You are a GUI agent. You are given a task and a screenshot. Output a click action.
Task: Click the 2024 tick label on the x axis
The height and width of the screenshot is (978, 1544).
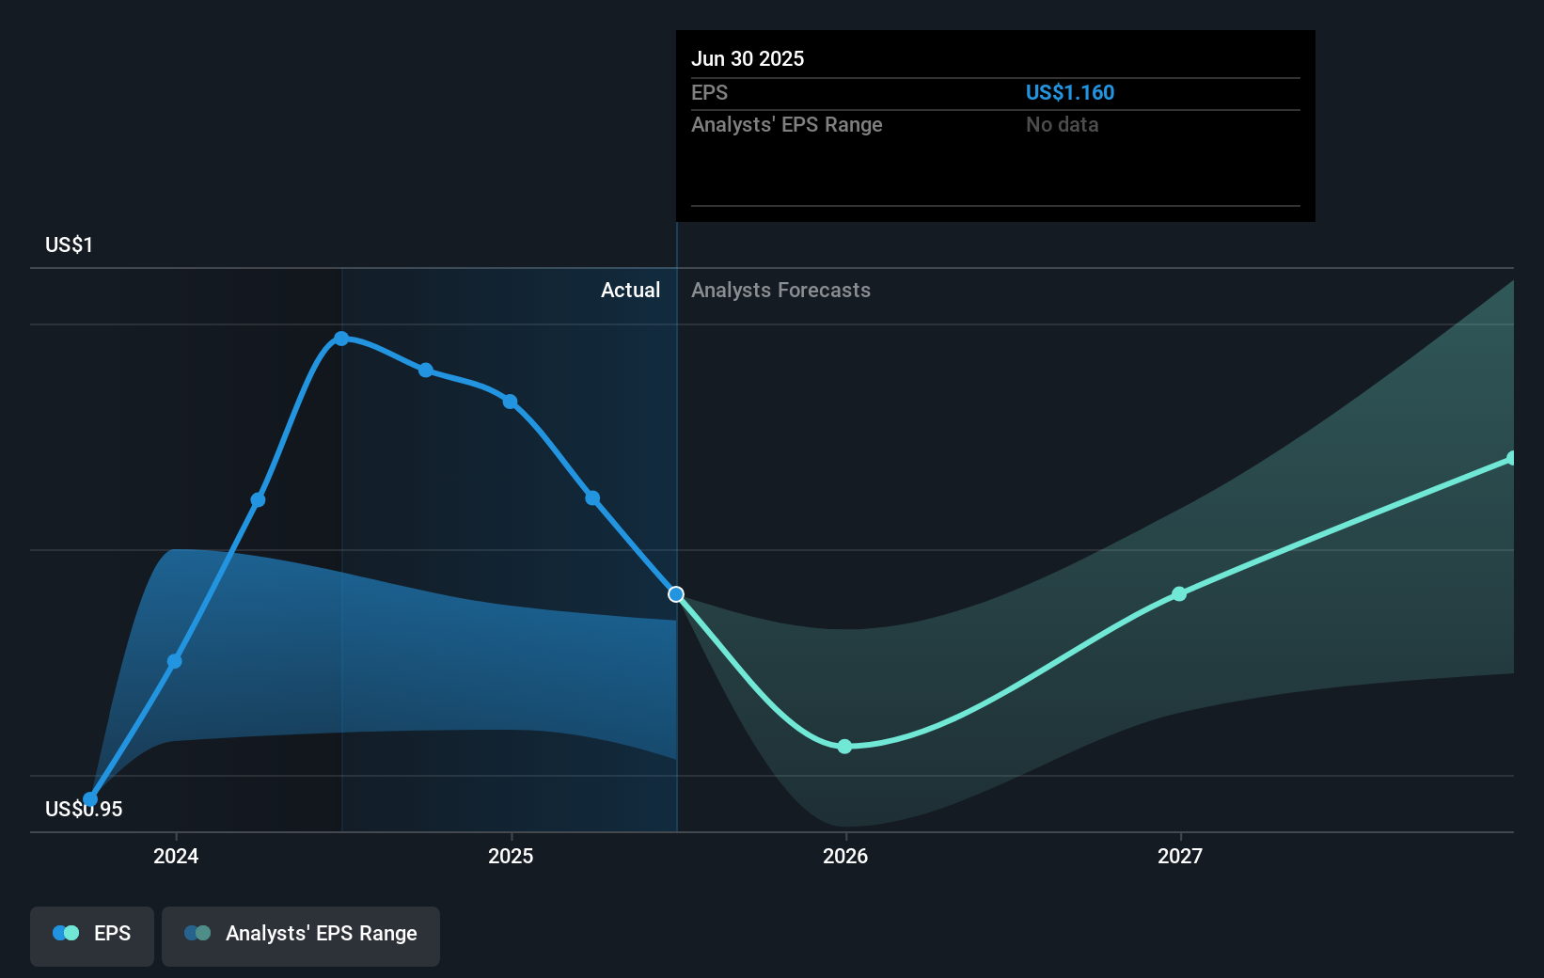pyautogui.click(x=176, y=856)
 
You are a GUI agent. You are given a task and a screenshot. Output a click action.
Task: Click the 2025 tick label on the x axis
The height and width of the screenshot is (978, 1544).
pyautogui.click(x=511, y=856)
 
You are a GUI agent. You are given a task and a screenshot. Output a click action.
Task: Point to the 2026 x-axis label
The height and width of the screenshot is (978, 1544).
pyautogui.click(x=845, y=856)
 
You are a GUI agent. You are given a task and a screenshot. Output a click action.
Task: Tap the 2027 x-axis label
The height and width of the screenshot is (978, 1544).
pyautogui.click(x=1180, y=856)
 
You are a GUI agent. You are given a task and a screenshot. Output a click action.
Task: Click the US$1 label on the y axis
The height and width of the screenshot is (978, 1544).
pyautogui.click(x=69, y=244)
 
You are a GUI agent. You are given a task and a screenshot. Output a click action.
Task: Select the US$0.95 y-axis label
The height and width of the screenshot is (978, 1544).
pyautogui.click(x=84, y=809)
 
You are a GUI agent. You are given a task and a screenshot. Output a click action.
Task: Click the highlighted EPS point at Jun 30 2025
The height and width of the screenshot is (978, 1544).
pyautogui.click(x=676, y=594)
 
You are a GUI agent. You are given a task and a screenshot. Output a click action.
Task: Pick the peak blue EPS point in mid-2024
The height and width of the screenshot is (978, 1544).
pyautogui.click(x=341, y=339)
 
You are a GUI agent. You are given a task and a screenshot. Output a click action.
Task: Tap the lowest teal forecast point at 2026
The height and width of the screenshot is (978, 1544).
pyautogui.click(x=844, y=747)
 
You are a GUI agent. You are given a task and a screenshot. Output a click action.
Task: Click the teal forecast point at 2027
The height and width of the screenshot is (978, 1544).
pyautogui.click(x=1179, y=594)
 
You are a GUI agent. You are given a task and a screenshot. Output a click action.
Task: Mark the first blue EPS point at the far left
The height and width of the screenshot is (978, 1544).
pyautogui.click(x=90, y=799)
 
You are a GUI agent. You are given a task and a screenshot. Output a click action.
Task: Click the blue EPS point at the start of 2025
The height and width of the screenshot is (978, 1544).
pyautogui.click(x=510, y=402)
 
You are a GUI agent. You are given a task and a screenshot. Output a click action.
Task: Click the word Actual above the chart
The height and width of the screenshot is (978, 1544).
pyautogui.click(x=630, y=290)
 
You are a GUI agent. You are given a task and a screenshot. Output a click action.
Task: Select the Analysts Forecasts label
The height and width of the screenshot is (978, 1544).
pyautogui.click(x=780, y=290)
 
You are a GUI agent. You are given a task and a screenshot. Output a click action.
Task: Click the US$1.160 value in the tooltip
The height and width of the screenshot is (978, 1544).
pyautogui.click(x=1069, y=92)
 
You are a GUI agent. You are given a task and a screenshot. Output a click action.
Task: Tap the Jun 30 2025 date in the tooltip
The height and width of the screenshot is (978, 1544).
pyautogui.click(x=748, y=58)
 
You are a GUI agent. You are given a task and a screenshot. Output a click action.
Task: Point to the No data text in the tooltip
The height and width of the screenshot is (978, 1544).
pyautogui.click(x=1062, y=124)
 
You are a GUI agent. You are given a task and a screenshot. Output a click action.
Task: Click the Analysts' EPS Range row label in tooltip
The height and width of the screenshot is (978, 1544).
pyautogui.click(x=786, y=124)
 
